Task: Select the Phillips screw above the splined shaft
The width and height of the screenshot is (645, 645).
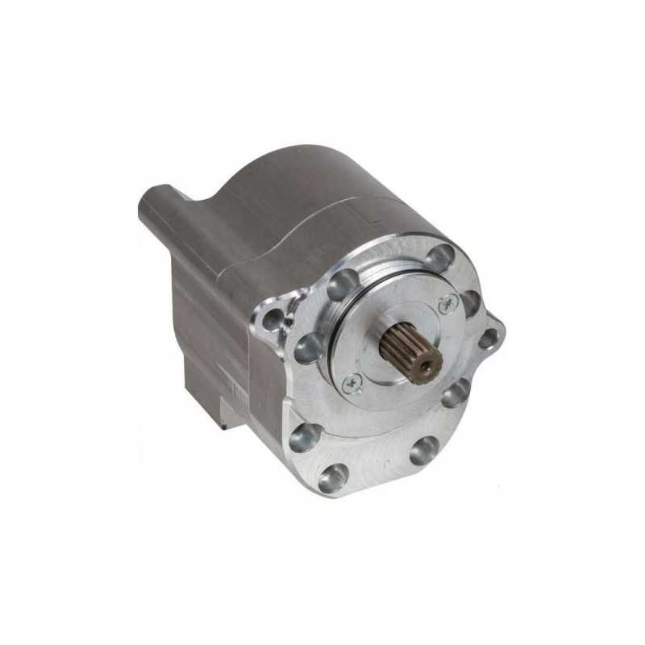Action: (x=447, y=303)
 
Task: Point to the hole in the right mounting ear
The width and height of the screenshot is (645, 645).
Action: (x=489, y=338)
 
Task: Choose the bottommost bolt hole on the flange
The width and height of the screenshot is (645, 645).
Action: (x=332, y=478)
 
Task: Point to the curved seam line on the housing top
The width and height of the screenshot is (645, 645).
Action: (x=322, y=206)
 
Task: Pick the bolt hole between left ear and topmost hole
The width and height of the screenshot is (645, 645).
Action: (x=341, y=285)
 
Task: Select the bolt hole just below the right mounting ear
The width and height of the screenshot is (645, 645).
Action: (x=456, y=393)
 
